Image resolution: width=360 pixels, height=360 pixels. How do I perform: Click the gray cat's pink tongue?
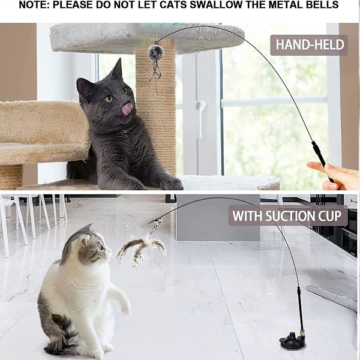coord(127,109)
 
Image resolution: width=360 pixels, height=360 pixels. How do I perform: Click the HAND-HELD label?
coord(309,45)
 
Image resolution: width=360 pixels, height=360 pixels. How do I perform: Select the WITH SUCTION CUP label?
coord(287,216)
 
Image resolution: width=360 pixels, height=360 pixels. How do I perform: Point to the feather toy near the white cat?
coord(140,249)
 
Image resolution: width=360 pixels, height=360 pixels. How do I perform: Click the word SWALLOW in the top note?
coord(214,5)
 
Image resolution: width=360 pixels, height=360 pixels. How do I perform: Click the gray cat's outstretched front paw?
coord(171,184)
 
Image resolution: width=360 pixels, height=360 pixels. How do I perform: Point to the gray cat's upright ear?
coord(117,69)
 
